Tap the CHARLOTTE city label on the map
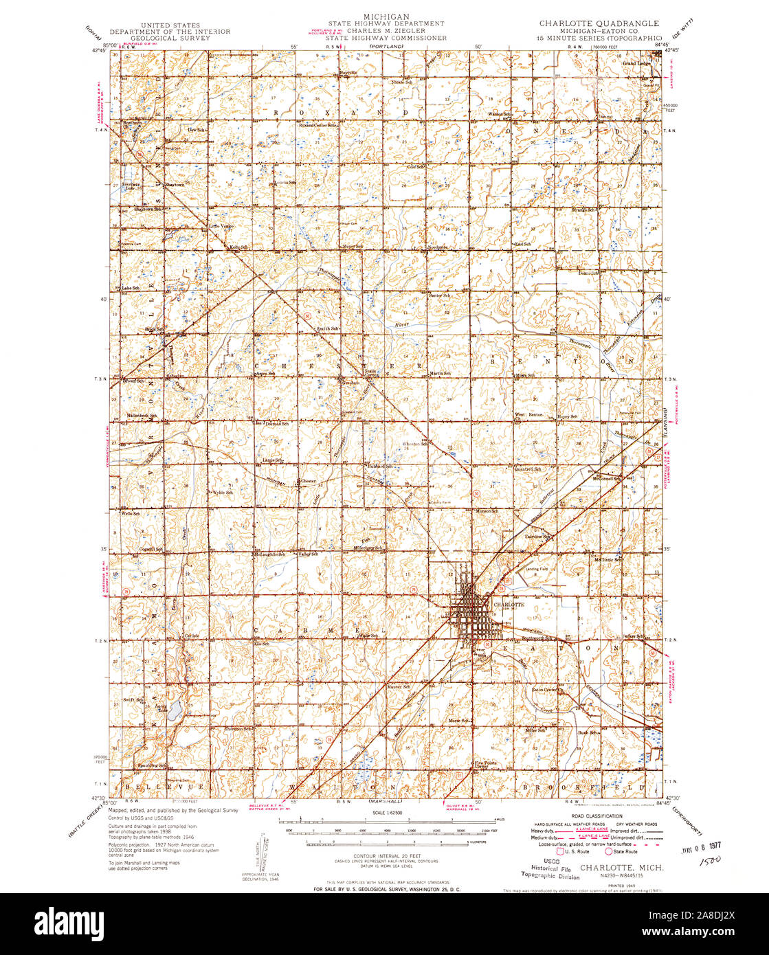[509, 604]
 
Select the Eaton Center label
[544, 690]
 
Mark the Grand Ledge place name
[636, 64]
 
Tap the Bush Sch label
[588, 733]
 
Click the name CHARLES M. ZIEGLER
[386, 31]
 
